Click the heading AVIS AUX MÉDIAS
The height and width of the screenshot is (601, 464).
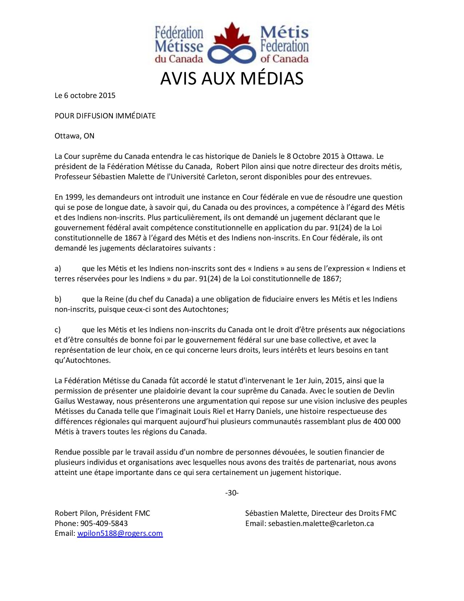tap(232, 79)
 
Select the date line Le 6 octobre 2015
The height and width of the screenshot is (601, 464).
tap(85, 95)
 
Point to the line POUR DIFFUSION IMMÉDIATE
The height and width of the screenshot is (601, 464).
tap(105, 116)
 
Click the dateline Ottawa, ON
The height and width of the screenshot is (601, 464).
tap(74, 136)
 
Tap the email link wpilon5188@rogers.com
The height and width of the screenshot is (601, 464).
tap(120, 534)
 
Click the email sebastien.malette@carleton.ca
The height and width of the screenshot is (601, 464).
tap(321, 523)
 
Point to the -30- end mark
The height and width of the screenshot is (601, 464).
tap(232, 493)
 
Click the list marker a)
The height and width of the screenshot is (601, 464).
tap(57, 269)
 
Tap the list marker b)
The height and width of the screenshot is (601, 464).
tap(58, 299)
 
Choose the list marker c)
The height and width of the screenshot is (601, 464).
tap(57, 330)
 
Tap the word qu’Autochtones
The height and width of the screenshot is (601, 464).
tap(82, 361)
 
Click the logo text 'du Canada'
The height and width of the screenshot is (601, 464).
tap(179, 58)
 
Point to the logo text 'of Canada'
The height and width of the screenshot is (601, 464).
tap(285, 58)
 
